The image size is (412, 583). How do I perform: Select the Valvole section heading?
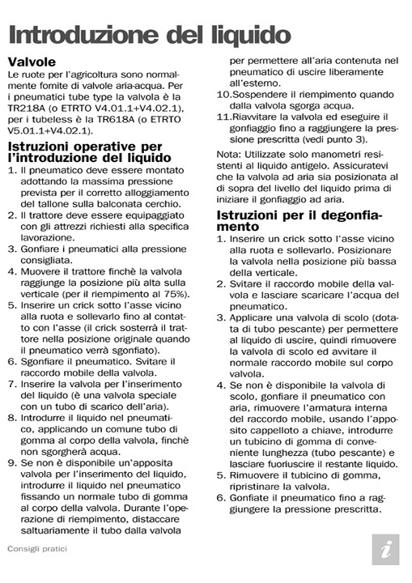click(32, 62)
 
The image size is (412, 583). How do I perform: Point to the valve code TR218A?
click(29, 109)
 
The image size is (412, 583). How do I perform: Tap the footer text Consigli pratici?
click(37, 548)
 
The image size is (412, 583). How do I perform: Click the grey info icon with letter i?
click(384, 548)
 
